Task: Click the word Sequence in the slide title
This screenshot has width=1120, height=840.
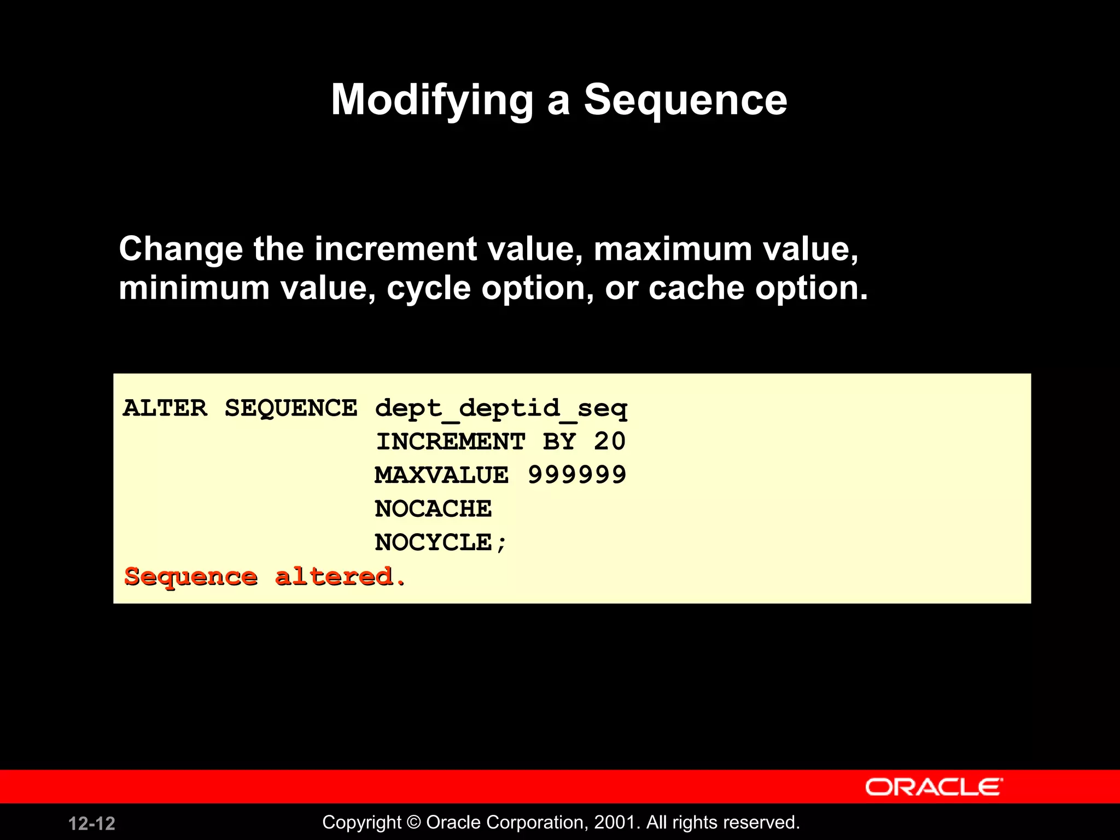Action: (x=685, y=100)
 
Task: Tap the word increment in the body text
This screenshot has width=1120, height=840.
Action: (x=395, y=249)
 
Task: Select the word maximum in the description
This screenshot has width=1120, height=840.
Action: (x=673, y=249)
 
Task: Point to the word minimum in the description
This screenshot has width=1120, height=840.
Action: (x=194, y=288)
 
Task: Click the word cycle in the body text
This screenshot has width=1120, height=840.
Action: (x=429, y=288)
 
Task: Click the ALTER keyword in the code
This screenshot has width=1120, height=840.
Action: (x=165, y=408)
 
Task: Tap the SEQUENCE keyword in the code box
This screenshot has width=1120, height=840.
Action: (x=291, y=408)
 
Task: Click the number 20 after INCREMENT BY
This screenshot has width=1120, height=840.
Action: (x=610, y=441)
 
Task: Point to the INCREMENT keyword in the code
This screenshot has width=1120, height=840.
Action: (x=451, y=441)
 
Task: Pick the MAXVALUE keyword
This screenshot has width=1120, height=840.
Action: (x=441, y=475)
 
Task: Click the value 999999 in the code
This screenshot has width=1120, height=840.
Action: (x=577, y=475)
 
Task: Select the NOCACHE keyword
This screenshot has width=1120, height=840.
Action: (x=433, y=509)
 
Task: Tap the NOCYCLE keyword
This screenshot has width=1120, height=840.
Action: (x=433, y=542)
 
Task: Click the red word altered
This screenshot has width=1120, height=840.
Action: (x=339, y=576)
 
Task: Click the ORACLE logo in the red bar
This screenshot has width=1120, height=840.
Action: (x=934, y=787)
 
